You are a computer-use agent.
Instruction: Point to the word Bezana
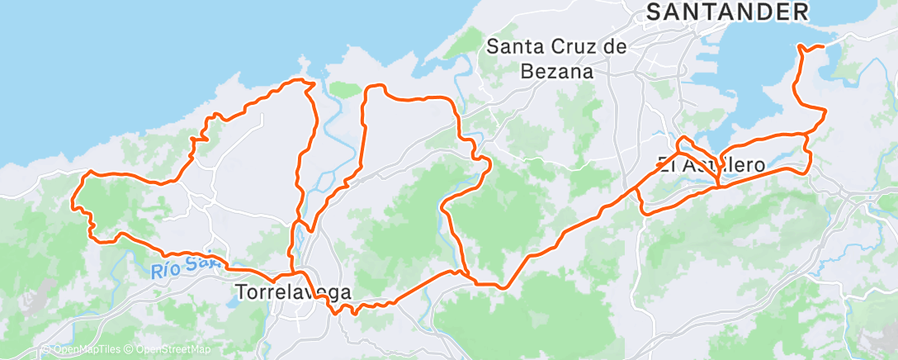coord(558,71)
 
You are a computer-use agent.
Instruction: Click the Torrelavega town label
coord(293,292)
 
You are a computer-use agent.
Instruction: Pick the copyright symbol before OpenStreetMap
coord(130,350)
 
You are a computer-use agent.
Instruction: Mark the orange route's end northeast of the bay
coord(823,46)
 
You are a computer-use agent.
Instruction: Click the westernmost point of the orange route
coord(73,201)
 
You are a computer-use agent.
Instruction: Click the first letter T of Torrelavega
coord(241,292)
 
